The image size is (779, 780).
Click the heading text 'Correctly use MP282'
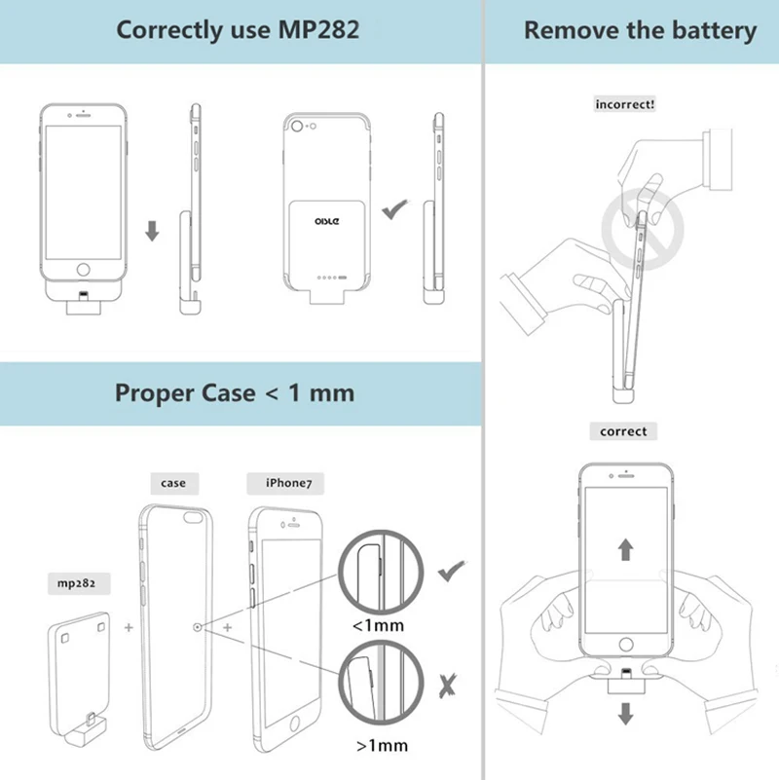pyautogui.click(x=238, y=29)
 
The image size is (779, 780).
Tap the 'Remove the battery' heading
pyautogui.click(x=640, y=30)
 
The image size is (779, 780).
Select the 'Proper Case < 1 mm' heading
pyautogui.click(x=235, y=392)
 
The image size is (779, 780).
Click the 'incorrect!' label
pyautogui.click(x=624, y=103)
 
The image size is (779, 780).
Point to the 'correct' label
pyautogui.click(x=623, y=430)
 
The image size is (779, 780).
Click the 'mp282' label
pyautogui.click(x=75, y=584)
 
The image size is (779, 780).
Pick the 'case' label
pyautogui.click(x=173, y=482)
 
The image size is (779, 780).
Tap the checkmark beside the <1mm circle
pyautogui.click(x=451, y=572)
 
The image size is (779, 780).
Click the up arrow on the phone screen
pyautogui.click(x=624, y=548)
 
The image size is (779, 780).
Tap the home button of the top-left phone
pyautogui.click(x=84, y=270)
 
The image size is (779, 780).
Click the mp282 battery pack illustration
pyautogui.click(x=83, y=662)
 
